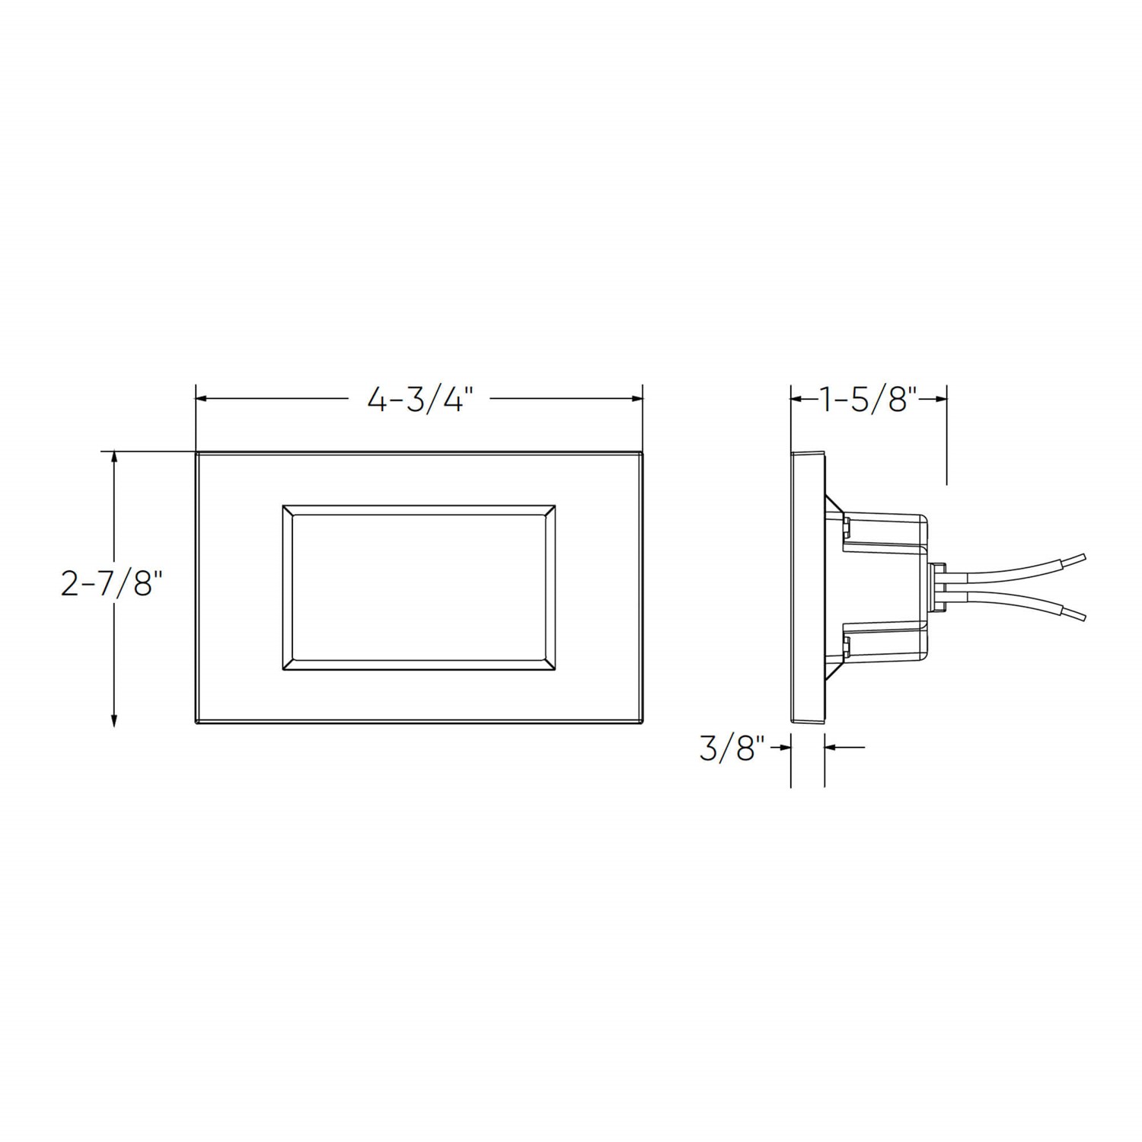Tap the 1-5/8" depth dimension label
pos(869,399)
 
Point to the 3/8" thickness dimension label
pos(732,748)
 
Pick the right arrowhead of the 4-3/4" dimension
pos(635,398)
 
